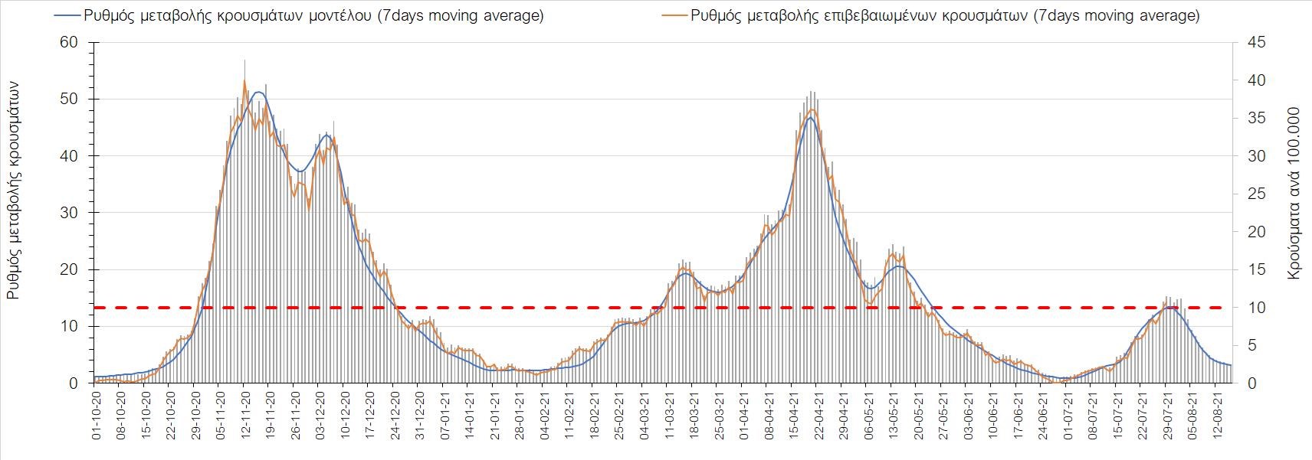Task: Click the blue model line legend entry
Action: point(299,15)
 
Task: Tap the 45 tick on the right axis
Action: point(1255,42)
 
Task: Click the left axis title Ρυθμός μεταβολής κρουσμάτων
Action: point(13,191)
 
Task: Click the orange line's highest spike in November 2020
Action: point(244,80)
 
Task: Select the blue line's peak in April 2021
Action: point(810,117)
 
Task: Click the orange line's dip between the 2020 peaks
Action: point(309,207)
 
